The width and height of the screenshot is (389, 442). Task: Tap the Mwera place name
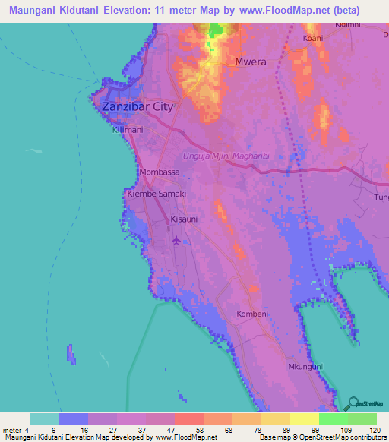click(x=251, y=62)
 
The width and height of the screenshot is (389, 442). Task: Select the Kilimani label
click(x=128, y=131)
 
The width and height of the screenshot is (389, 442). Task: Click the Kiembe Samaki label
click(x=157, y=194)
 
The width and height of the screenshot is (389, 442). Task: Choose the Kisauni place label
click(x=185, y=219)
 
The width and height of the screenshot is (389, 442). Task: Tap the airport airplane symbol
click(x=177, y=240)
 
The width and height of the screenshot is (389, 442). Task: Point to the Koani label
click(x=313, y=37)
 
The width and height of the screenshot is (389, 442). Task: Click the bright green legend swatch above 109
click(x=333, y=418)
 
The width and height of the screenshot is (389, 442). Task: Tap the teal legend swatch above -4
click(x=44, y=418)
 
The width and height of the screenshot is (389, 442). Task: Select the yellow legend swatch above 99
click(x=304, y=418)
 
